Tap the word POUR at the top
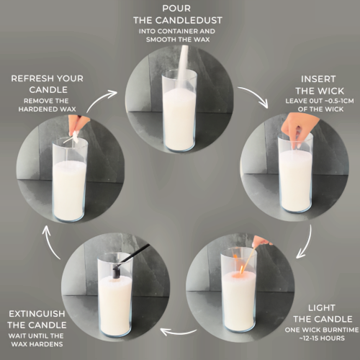[176, 9]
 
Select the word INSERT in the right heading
[318, 79]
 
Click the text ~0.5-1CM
[338, 101]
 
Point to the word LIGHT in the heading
[322, 307]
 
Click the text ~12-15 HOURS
[322, 338]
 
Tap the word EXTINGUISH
[37, 314]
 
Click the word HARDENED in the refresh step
[35, 109]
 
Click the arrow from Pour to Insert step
[256, 95]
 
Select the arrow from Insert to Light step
[307, 243]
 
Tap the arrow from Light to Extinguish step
[179, 333]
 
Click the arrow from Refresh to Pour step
[99, 99]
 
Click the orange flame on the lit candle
[241, 270]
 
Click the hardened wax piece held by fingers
[76, 137]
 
